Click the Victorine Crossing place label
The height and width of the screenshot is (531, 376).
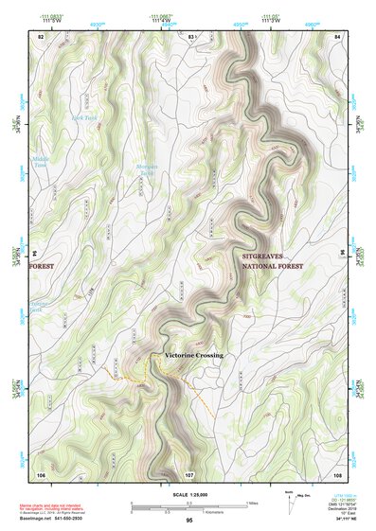pyautogui.click(x=193, y=355)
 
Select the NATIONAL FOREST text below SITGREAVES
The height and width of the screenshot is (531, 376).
pyautogui.click(x=275, y=269)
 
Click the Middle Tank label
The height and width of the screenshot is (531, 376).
pyautogui.click(x=40, y=162)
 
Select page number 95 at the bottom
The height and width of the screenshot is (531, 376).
pyautogui.click(x=189, y=522)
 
